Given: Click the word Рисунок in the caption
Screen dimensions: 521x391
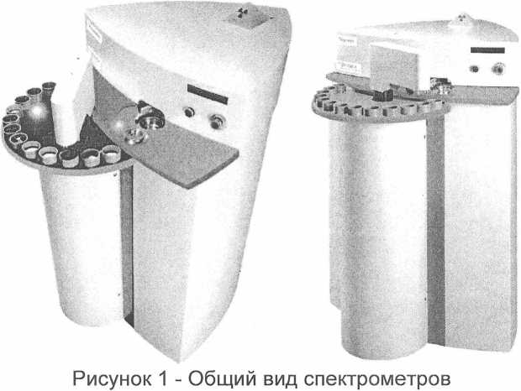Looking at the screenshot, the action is click(111, 378).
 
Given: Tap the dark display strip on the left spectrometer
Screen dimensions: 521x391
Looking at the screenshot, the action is click(208, 93).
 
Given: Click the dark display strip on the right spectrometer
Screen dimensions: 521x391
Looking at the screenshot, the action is click(487, 50).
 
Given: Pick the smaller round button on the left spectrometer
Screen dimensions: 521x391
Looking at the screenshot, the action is click(189, 112).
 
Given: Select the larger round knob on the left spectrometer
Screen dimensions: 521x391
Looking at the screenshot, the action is click(218, 121).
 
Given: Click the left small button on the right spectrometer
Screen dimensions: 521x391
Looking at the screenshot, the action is click(475, 69).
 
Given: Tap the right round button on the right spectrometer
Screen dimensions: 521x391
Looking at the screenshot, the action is click(497, 69).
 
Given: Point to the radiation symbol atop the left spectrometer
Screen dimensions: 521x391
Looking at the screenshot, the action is click(242, 13).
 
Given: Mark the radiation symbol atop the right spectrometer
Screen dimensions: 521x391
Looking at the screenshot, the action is click(463, 16).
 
